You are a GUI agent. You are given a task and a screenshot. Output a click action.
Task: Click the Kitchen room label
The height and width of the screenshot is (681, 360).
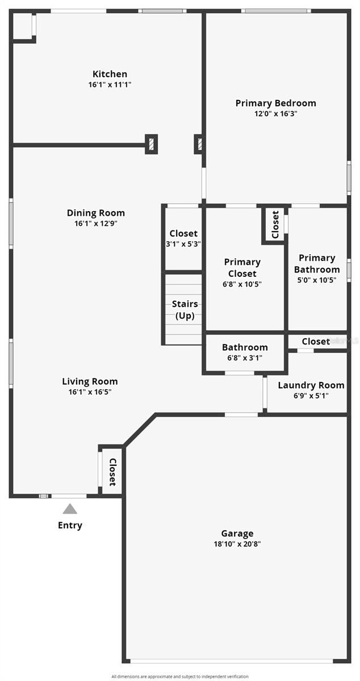tap(110, 74)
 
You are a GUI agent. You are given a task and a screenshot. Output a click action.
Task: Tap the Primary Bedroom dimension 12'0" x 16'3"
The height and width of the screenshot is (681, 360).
tap(275, 113)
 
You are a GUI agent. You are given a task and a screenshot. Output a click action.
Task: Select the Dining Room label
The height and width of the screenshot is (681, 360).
tap(95, 213)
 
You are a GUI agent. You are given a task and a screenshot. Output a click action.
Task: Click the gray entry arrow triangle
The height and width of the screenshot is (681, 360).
tap(70, 508)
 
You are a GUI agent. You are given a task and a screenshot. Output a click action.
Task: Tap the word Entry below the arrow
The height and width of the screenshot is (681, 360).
tap(70, 526)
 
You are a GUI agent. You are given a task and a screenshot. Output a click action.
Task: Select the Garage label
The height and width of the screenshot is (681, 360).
tap(237, 533)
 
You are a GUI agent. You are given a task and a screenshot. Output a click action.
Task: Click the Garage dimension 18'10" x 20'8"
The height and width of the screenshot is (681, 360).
tap(237, 544)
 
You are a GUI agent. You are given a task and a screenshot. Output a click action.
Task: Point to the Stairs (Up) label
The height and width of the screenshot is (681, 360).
tap(185, 310)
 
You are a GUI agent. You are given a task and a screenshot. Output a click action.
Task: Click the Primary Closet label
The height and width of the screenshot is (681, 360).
tap(242, 267)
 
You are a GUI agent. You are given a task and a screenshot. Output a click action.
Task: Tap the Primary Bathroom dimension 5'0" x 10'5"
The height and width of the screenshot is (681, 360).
tap(317, 280)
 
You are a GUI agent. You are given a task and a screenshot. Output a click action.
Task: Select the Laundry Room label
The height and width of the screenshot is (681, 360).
tap(311, 385)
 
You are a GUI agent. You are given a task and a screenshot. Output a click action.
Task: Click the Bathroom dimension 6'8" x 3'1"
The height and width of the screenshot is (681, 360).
tap(244, 358)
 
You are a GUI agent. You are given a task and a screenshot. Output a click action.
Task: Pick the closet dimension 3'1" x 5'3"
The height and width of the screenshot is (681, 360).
tap(183, 244)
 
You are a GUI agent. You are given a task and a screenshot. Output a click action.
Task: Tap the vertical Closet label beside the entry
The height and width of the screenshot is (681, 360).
tap(112, 472)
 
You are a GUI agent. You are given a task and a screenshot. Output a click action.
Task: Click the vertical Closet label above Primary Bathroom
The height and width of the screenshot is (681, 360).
tap(275, 225)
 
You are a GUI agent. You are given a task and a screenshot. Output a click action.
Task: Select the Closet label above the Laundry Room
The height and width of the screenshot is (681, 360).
tap(315, 341)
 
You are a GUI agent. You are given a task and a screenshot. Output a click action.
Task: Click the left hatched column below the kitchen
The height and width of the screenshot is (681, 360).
tap(151, 144)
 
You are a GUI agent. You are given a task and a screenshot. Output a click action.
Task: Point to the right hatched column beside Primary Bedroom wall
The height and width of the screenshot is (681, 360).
tap(198, 144)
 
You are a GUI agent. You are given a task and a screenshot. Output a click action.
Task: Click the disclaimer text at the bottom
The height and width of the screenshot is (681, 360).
tap(179, 676)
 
